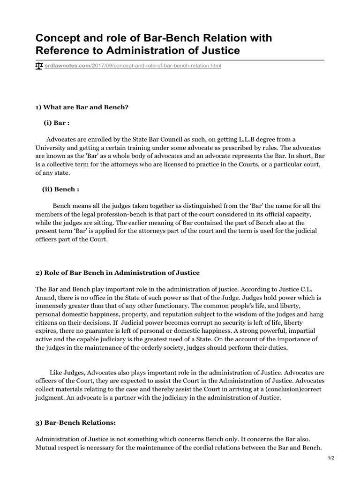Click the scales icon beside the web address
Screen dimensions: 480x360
click(x=39, y=66)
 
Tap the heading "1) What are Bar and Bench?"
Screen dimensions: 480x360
click(x=82, y=107)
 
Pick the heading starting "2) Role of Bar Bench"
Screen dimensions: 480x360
click(x=118, y=272)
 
